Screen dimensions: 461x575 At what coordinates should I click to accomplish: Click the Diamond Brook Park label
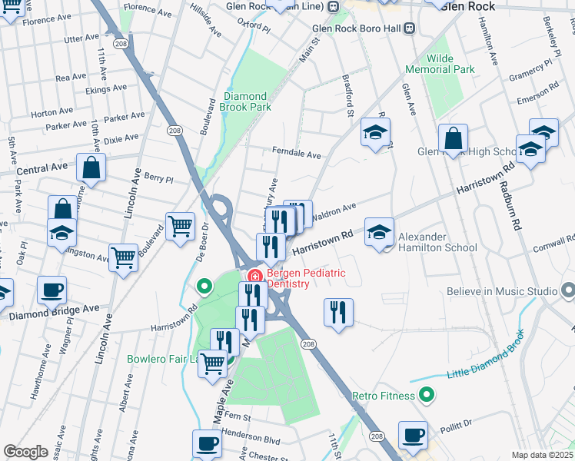tap(247, 101)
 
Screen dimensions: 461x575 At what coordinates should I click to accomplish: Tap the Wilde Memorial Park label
tap(440, 64)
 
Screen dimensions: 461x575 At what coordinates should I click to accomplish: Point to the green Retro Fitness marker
tap(428, 396)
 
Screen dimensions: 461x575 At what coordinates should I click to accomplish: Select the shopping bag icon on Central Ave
tap(91, 168)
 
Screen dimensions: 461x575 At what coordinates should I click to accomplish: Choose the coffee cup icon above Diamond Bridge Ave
tap(52, 290)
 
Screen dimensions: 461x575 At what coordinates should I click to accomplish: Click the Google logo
tap(25, 452)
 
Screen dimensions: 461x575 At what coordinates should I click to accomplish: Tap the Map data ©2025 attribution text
tap(542, 455)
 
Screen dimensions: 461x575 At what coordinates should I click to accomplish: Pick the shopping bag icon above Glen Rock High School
tap(454, 138)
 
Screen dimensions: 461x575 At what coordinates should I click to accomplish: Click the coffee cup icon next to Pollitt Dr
tap(413, 434)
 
